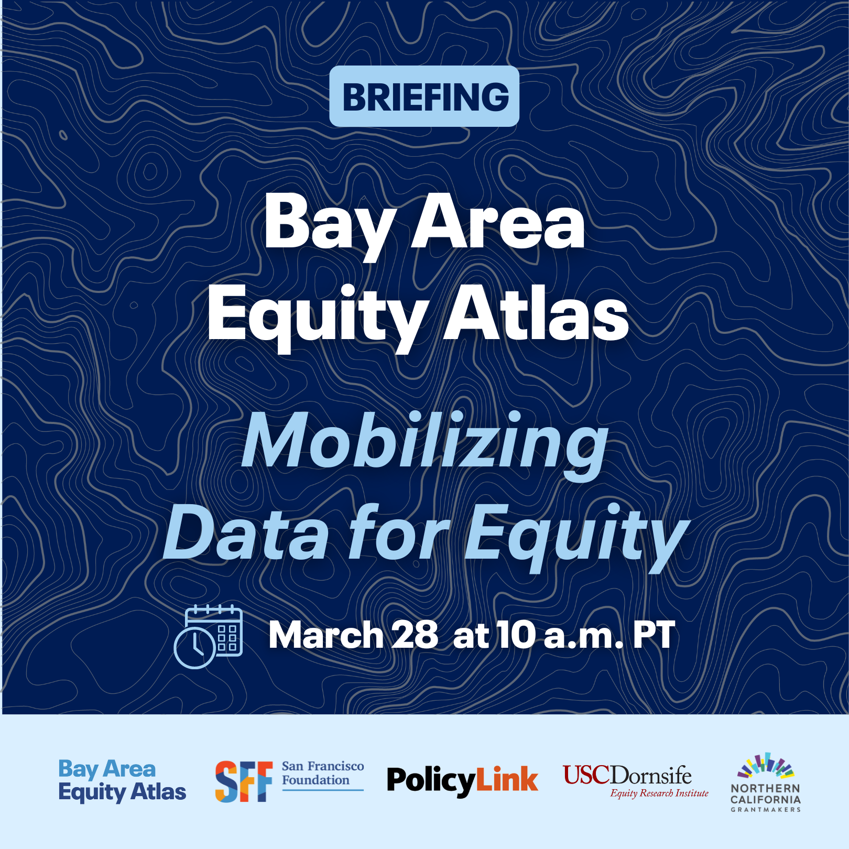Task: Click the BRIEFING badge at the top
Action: [424, 96]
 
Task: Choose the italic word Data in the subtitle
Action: [246, 532]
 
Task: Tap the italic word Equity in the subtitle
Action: [577, 537]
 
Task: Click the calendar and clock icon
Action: [208, 636]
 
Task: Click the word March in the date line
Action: [326, 635]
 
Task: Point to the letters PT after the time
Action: [654, 635]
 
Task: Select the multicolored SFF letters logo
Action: [244, 781]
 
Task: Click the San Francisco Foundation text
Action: [323, 773]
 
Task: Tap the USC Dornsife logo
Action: [635, 781]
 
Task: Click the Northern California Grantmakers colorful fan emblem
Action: [766, 766]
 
